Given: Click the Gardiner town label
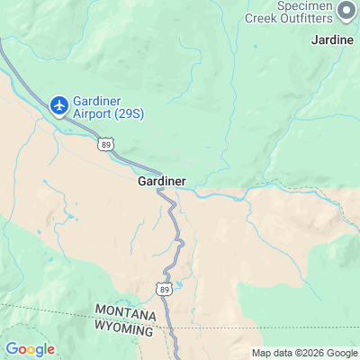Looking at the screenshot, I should [x=162, y=181].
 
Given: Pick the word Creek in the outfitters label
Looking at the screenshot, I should [x=262, y=16].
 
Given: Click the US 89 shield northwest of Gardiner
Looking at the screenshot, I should [x=107, y=143].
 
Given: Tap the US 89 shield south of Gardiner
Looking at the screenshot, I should [x=163, y=288].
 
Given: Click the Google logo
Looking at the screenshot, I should [x=30, y=348].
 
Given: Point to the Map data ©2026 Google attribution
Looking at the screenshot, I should [x=304, y=353].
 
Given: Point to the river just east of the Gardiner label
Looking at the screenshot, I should [x=211, y=192].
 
